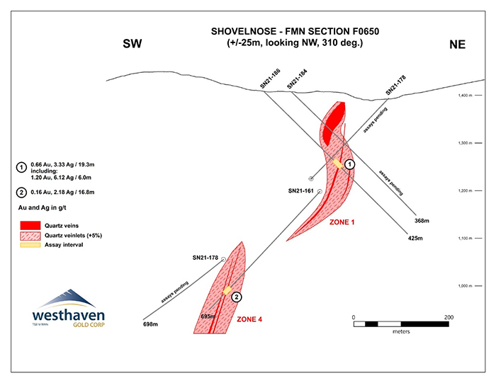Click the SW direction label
pos(133,44)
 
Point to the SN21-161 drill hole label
pos(301,191)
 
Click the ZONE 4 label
pos(249,320)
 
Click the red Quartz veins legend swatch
pos(29,224)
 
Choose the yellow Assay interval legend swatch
pos(29,244)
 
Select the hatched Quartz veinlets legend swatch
pos(29,234)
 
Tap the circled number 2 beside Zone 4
pos(237,297)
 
